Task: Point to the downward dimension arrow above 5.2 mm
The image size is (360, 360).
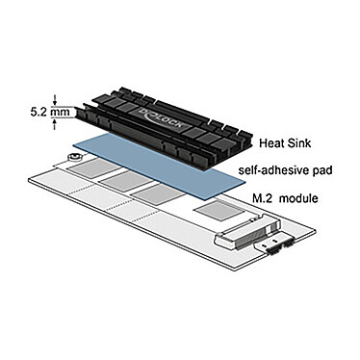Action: point(60,98)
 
